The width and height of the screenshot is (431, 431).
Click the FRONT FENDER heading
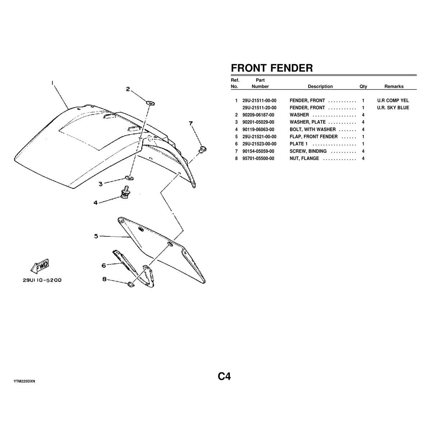272,68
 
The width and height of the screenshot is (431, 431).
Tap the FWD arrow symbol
40,266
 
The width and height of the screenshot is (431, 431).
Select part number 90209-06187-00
258,115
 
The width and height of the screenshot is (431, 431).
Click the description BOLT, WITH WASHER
312,129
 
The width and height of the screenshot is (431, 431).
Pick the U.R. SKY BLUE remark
393,108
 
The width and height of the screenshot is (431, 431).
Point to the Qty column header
363,87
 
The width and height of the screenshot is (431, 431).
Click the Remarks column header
394,87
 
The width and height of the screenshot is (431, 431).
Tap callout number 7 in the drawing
191,124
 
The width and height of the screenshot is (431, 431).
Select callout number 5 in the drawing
96,236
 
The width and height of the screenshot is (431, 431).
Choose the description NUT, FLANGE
304,158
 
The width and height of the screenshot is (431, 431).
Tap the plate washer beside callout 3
129,177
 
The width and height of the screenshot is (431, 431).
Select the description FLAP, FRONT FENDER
313,136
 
